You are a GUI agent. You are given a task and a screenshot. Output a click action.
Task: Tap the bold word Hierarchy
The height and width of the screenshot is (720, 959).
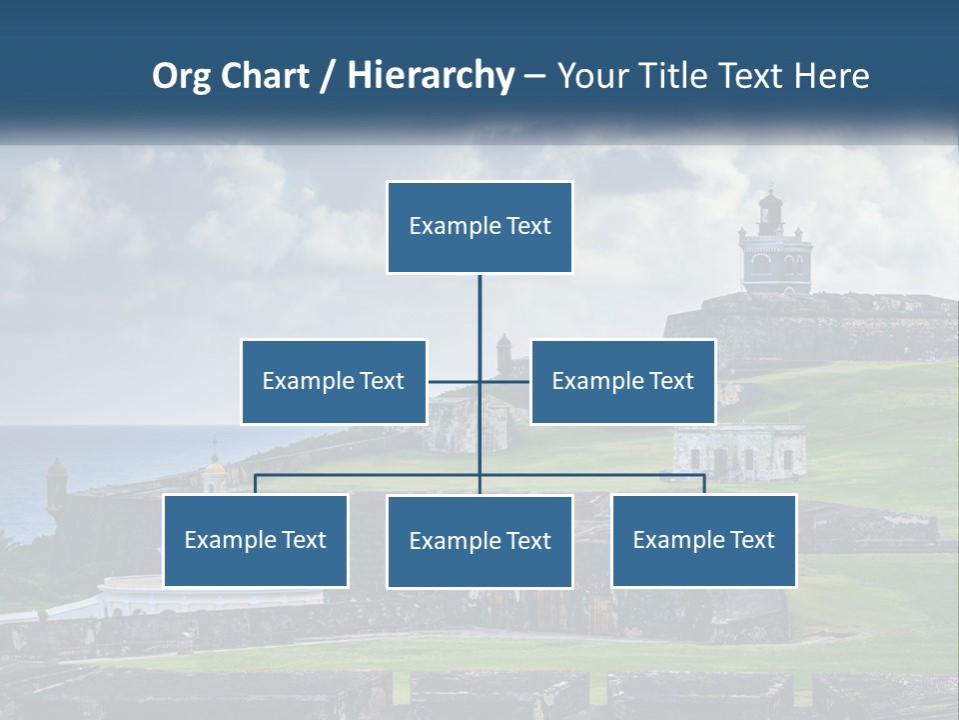431,76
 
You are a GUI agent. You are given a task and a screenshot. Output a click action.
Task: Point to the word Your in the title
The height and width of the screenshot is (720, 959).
588,76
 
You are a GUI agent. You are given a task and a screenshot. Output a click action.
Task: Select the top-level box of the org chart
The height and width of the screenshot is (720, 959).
479,227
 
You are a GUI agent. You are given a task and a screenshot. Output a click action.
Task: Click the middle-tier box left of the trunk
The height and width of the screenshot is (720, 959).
334,381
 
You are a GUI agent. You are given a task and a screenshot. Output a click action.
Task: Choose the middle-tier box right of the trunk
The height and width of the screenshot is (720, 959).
622,381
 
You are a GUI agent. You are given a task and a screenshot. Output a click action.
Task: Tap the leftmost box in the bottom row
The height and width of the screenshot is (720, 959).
256,540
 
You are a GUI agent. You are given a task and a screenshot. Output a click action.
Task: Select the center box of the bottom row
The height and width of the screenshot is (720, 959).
479,541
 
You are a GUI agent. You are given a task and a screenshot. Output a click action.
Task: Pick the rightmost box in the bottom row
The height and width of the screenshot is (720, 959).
704,540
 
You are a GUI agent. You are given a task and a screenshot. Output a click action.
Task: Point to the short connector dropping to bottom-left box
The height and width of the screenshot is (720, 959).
256,484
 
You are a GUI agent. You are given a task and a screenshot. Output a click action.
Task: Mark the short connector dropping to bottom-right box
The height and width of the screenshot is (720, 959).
704,484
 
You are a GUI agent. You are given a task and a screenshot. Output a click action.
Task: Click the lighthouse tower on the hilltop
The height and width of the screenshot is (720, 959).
770,245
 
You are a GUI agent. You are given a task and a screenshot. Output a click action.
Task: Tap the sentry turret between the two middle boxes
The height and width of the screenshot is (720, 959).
503,352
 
